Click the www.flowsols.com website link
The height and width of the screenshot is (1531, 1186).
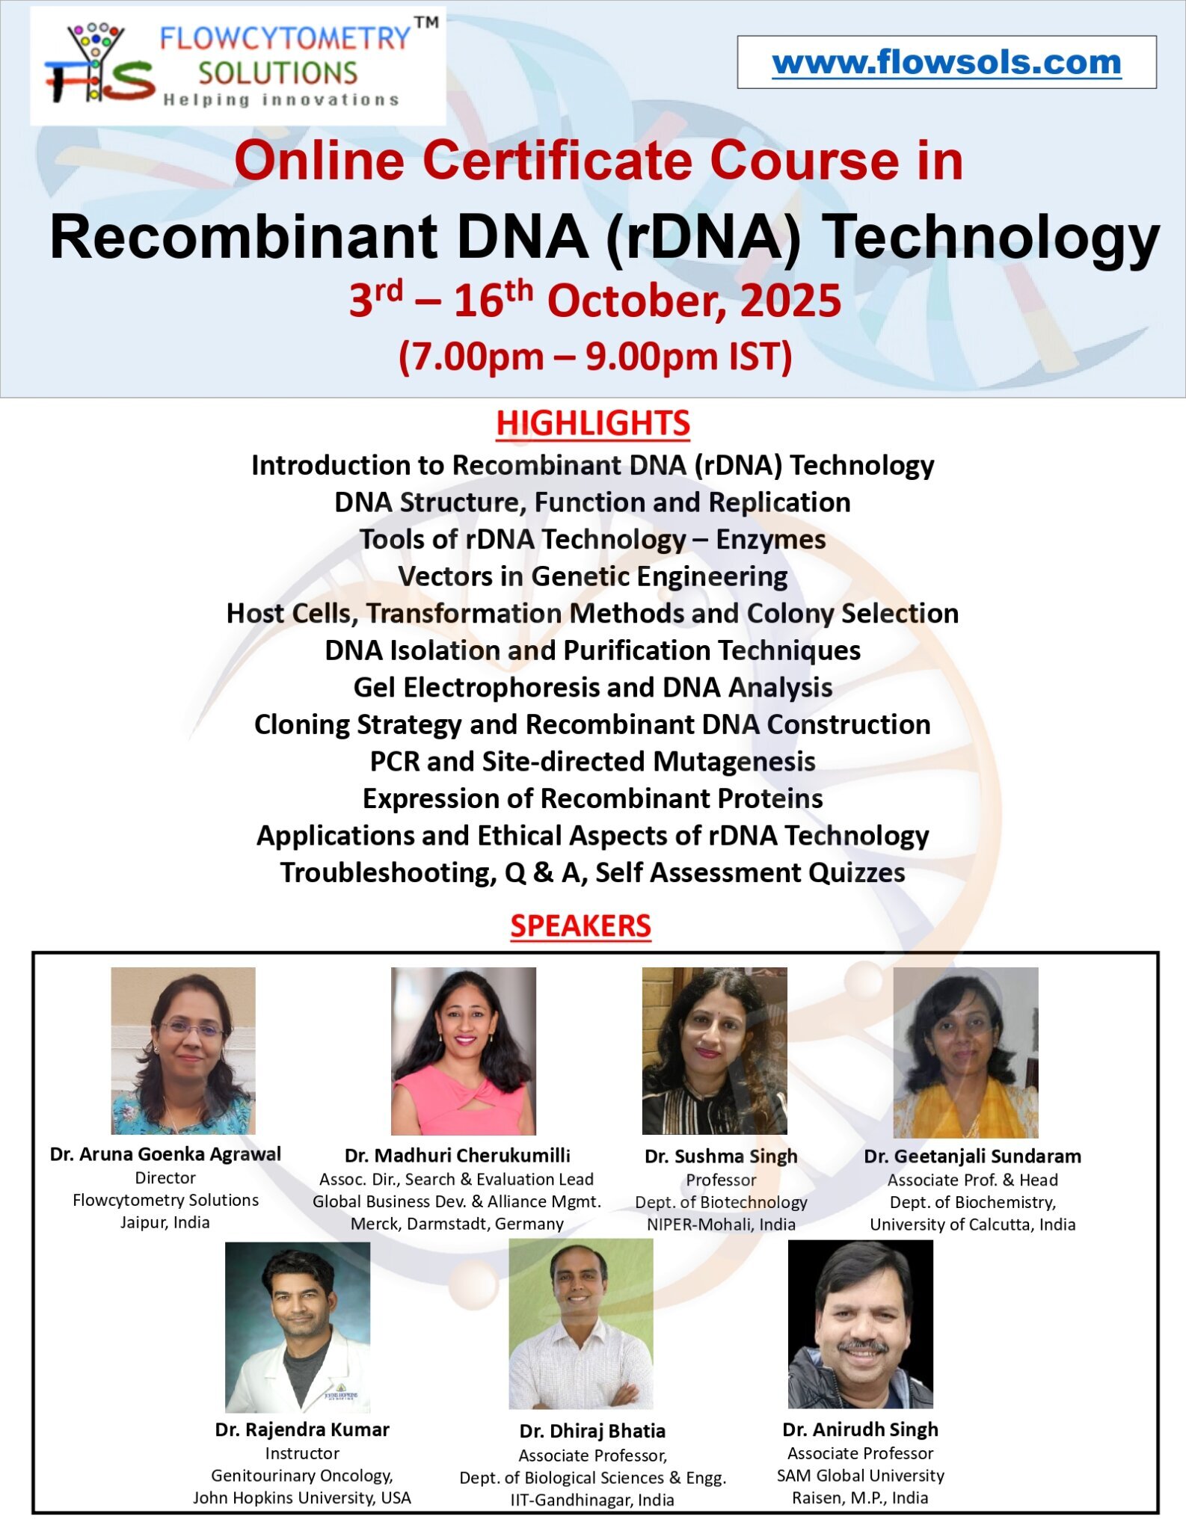(947, 63)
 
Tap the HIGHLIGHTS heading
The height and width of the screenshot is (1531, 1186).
(593, 423)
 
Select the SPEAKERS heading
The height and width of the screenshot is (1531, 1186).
(581, 925)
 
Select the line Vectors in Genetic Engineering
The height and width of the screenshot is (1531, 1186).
(593, 576)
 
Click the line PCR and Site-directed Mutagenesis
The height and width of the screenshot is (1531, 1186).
(593, 761)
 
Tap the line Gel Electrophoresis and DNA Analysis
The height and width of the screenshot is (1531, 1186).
(593, 687)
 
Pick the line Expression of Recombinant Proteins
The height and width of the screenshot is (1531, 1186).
(593, 798)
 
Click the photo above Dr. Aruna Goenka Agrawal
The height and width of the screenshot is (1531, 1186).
(183, 1050)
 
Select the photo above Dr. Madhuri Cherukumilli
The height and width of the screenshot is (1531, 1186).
(464, 1051)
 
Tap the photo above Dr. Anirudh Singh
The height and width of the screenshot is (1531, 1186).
(861, 1324)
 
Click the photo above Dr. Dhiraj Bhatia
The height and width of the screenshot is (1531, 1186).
(581, 1325)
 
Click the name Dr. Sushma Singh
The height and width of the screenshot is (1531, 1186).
(722, 1156)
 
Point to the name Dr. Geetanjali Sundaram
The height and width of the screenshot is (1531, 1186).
(973, 1156)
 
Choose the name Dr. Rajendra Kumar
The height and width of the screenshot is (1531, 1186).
(302, 1429)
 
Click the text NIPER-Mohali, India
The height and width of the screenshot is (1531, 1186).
(722, 1224)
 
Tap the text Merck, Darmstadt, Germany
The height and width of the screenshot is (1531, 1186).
(457, 1224)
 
